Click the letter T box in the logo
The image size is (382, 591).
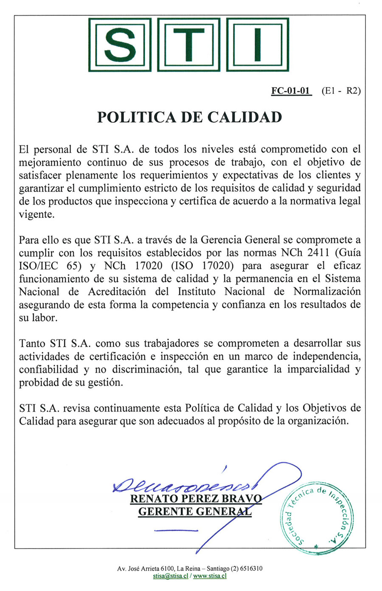point(188,44)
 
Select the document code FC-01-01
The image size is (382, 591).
point(291,91)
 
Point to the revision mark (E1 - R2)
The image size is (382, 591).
point(341,91)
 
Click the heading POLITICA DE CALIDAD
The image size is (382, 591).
point(190,117)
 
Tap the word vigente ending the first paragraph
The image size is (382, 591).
point(37,214)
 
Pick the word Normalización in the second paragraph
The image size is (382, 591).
point(327,292)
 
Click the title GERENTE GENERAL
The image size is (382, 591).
point(195,512)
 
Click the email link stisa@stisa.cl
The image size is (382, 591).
point(171,576)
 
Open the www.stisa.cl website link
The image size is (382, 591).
point(210,576)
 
